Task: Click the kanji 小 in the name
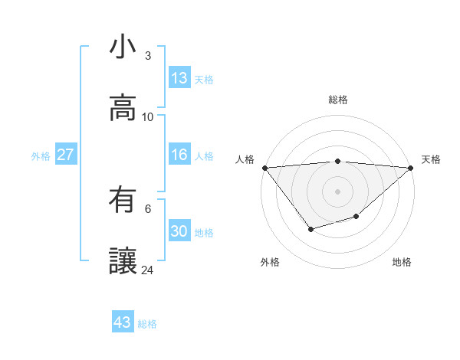click(x=123, y=47)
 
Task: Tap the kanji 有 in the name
click(x=123, y=201)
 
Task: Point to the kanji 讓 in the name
click(x=123, y=261)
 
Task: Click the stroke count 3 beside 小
click(x=147, y=56)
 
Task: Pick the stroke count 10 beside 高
click(x=148, y=116)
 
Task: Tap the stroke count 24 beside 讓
click(x=148, y=270)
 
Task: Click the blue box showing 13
click(x=179, y=78)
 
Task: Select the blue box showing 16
click(x=179, y=155)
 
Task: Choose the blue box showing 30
click(x=179, y=231)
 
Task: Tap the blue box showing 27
click(x=65, y=155)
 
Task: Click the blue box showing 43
click(x=122, y=322)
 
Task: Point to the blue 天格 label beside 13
click(x=204, y=80)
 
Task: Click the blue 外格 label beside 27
click(x=41, y=156)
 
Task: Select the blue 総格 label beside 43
click(x=147, y=324)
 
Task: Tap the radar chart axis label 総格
click(x=337, y=100)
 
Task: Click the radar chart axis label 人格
click(x=245, y=159)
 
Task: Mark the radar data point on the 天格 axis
click(x=411, y=168)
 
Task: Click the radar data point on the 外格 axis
click(x=310, y=229)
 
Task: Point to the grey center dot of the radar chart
click(x=337, y=191)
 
